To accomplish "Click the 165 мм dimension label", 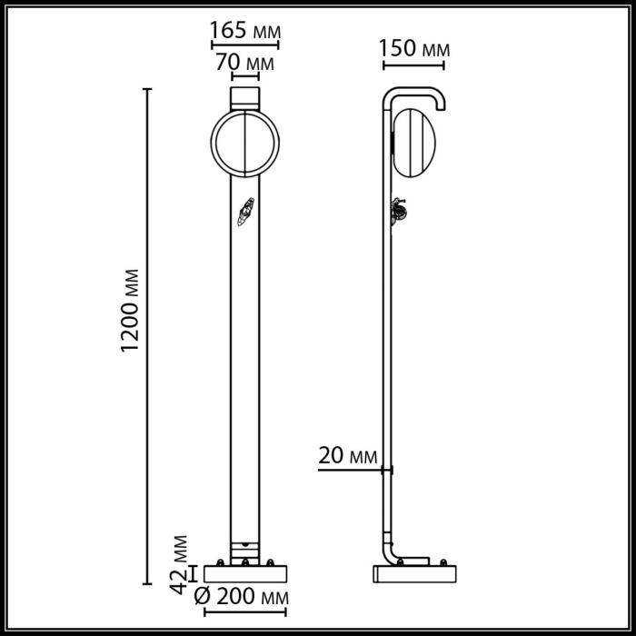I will coord(244,30).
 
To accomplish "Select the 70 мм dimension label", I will coord(244,65).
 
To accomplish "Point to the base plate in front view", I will coord(244,573).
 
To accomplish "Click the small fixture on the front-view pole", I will coord(243,214).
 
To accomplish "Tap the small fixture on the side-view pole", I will coord(398,212).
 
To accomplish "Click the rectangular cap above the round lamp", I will coord(244,96).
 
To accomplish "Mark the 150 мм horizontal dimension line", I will coord(414,64).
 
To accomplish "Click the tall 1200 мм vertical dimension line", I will coord(147,336).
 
